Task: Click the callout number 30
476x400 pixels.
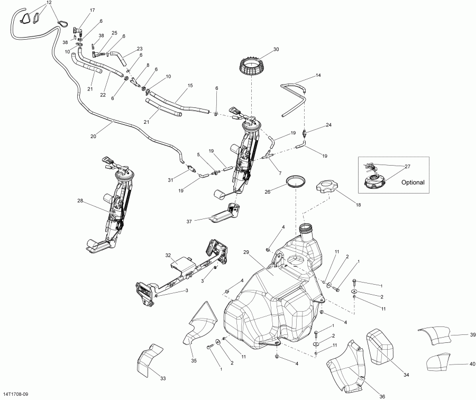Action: (x=276, y=49)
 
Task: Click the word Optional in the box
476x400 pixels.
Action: (x=413, y=182)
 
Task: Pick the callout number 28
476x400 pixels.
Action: (x=80, y=201)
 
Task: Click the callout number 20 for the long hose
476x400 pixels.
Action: (x=93, y=136)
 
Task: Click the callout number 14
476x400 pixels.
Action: (x=318, y=76)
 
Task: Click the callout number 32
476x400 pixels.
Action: (x=168, y=255)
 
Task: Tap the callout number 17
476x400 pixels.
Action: (x=93, y=11)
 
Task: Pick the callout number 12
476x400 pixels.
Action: (x=49, y=3)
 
